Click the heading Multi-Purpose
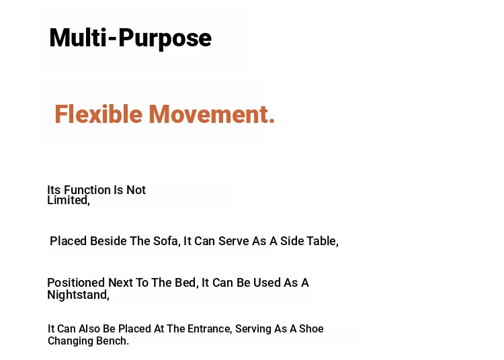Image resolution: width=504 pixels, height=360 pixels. click(130, 38)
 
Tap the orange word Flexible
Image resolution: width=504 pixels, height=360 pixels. click(98, 114)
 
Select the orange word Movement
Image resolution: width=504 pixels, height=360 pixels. click(212, 114)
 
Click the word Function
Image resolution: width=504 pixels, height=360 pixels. click(87, 190)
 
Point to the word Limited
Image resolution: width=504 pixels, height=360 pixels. click(69, 200)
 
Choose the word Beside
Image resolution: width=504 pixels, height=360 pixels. click(108, 241)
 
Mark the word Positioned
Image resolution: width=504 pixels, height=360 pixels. click(76, 283)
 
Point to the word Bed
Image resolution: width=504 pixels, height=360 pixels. click(186, 283)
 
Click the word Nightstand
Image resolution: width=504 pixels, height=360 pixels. click(78, 295)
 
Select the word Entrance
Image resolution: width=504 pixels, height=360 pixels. click(209, 329)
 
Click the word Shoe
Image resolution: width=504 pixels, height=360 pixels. click(311, 329)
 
